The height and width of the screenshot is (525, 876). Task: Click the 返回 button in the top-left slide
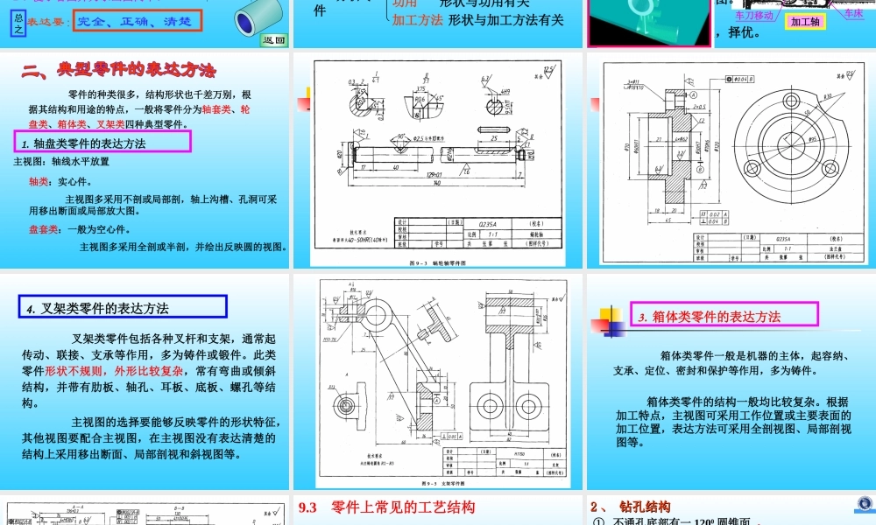pos(273,39)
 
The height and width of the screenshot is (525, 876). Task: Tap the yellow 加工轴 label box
pos(805,23)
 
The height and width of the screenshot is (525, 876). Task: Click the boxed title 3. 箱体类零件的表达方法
pos(723,316)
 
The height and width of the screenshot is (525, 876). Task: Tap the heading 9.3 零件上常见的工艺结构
pos(386,507)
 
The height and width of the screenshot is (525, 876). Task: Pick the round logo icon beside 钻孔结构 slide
pos(862,505)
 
